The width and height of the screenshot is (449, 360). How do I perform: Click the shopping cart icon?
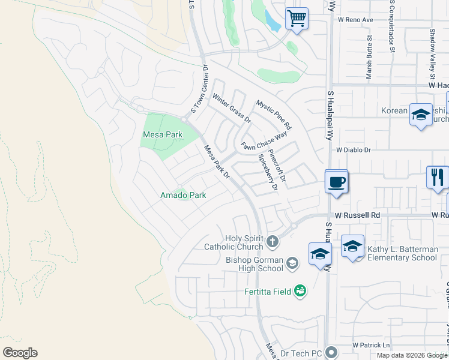[296, 19]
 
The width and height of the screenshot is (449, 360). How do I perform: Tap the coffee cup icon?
[336, 181]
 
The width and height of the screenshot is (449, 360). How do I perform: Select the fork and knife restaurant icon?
[438, 177]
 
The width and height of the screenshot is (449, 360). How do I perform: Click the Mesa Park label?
[162, 135]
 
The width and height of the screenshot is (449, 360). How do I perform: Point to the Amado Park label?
[183, 195]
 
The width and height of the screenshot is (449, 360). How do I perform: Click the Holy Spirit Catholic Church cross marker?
[273, 242]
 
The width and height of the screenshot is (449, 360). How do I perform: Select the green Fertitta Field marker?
[300, 292]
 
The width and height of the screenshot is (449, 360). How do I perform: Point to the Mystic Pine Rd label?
[273, 115]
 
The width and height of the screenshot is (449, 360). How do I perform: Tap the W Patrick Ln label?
[371, 346]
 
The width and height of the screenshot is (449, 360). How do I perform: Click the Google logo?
[20, 353]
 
